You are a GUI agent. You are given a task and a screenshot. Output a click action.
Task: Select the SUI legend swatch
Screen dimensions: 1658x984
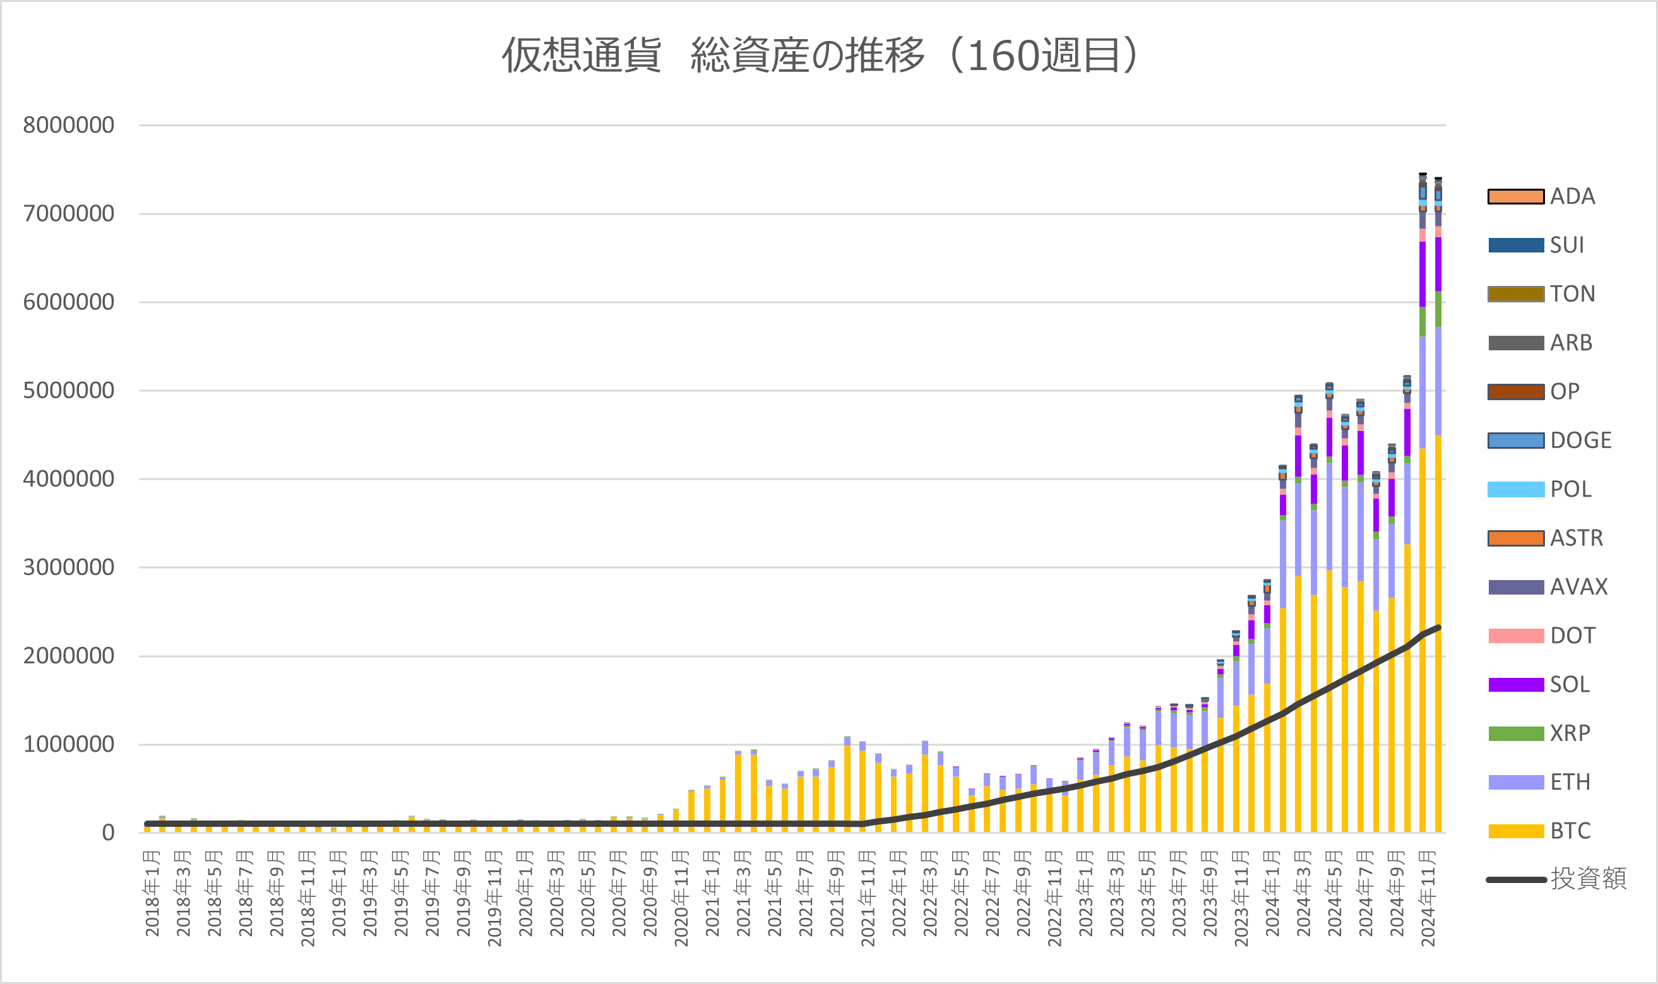click(x=1516, y=246)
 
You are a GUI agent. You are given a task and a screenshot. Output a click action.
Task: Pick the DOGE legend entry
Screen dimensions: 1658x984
click(x=1549, y=441)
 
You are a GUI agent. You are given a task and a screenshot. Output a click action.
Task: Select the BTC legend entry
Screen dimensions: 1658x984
click(x=1539, y=831)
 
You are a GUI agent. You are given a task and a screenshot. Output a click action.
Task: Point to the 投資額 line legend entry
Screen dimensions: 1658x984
click(x=1556, y=879)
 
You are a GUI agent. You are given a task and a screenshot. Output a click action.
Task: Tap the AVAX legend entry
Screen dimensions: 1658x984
click(x=1548, y=587)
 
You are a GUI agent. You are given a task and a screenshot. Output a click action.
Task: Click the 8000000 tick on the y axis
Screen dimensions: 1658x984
click(x=68, y=125)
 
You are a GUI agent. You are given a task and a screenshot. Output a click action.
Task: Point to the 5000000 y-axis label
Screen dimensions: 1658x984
click(x=68, y=391)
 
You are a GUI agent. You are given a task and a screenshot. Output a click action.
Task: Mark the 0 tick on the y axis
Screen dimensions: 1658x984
click(x=108, y=833)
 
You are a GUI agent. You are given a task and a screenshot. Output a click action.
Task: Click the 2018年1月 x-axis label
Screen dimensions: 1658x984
click(x=153, y=893)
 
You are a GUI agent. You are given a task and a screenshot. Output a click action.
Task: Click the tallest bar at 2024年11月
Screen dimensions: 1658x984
click(x=1422, y=504)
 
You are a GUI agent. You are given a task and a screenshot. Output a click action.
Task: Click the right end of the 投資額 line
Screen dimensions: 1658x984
click(x=1438, y=627)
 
